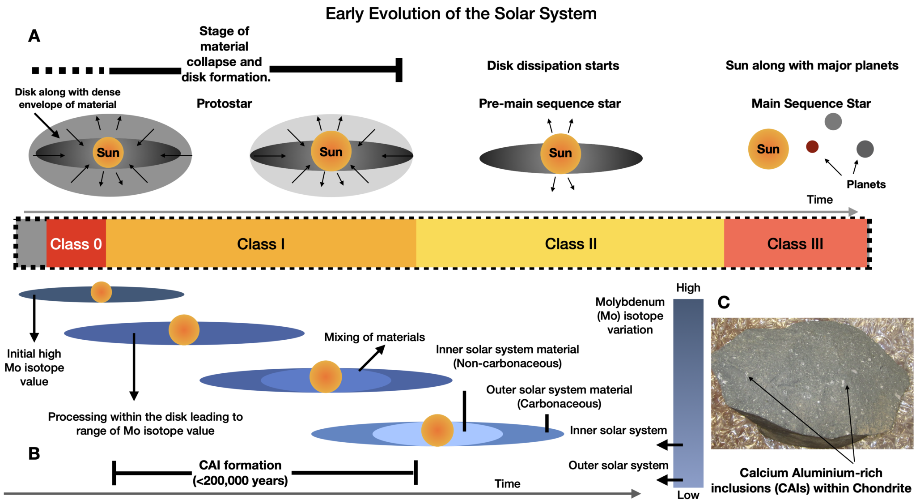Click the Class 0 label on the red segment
click(76, 244)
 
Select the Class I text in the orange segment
click(261, 244)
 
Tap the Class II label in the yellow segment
click(571, 244)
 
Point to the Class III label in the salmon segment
click(795, 244)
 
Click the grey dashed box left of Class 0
click(31, 244)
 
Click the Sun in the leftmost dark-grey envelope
click(108, 153)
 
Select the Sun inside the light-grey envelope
click(331, 152)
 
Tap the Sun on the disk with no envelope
click(560, 153)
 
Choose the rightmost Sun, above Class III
click(768, 149)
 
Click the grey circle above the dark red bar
click(833, 121)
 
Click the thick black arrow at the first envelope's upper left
click(54, 132)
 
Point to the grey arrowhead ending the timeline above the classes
click(854, 212)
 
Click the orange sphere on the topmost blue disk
click(102, 292)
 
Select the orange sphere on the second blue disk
click(184, 329)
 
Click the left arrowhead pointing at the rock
click(750, 379)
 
